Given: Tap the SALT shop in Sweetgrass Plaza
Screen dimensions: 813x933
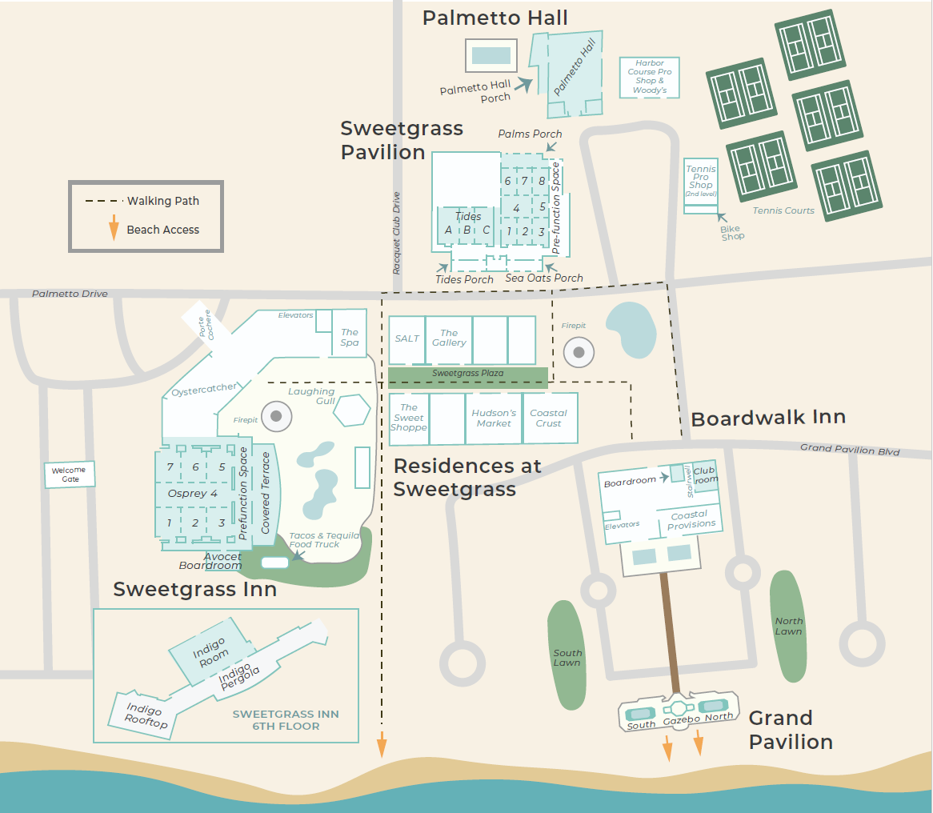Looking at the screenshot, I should [x=406, y=339].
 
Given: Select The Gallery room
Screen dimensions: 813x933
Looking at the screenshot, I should [x=449, y=338].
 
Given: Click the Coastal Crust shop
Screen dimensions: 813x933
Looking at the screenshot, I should [x=549, y=418].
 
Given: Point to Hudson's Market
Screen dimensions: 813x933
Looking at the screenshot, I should [x=493, y=418].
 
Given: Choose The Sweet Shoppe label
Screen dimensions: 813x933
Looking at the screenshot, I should [x=409, y=418].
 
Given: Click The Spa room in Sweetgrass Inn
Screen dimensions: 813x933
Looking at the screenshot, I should [x=350, y=337].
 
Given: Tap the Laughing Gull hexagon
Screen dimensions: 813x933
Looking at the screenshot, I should [x=352, y=411].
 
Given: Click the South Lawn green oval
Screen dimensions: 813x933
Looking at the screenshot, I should [x=567, y=655].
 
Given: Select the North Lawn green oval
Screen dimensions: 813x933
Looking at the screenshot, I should [x=788, y=626].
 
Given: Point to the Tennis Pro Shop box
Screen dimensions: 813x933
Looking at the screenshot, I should [x=700, y=182].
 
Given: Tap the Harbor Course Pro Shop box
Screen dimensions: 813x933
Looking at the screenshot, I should [x=650, y=77].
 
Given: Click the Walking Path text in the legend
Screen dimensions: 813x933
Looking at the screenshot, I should [x=163, y=201].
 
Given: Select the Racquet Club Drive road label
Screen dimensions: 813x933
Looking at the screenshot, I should [x=396, y=233].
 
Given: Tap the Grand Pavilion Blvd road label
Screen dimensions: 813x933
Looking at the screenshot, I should [x=850, y=450].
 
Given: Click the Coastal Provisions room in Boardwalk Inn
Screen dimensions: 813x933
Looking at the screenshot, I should [x=691, y=519].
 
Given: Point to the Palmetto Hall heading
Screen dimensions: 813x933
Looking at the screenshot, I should [x=495, y=18].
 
